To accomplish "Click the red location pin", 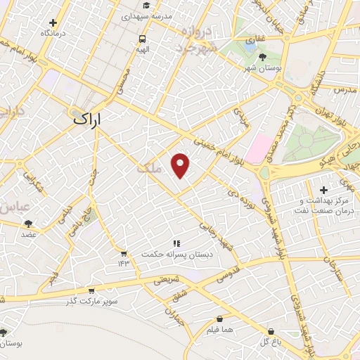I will pyautogui.click(x=181, y=165).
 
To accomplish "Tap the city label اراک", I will pyautogui.click(x=87, y=120).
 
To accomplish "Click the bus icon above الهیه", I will pyautogui.click(x=143, y=39).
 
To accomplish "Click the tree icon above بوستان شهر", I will pyautogui.click(x=262, y=57).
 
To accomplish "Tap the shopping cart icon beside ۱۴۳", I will pyautogui.click(x=124, y=253).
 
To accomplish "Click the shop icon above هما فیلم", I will pyautogui.click(x=220, y=319).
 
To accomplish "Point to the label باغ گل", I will pyautogui.click(x=271, y=342).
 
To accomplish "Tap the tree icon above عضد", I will pyautogui.click(x=28, y=224).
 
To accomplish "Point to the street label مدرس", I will pyautogui.click(x=347, y=91).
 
